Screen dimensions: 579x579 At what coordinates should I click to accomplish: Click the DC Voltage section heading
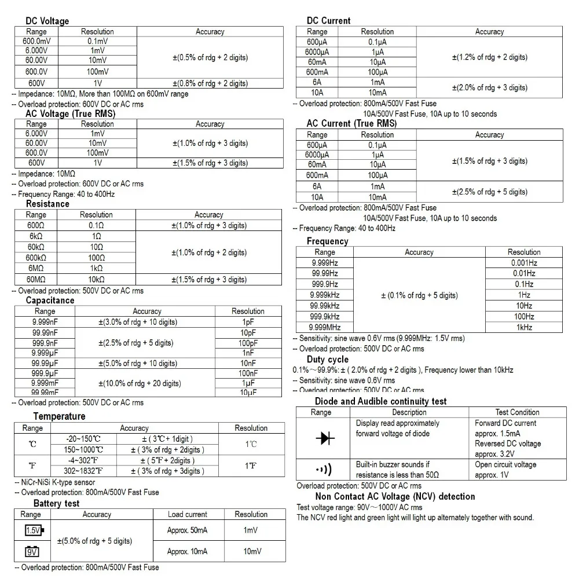(x=47, y=21)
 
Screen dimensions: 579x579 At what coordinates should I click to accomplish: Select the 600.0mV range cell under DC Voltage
(x=36, y=41)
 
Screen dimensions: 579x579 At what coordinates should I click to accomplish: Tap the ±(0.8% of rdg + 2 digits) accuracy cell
(x=210, y=83)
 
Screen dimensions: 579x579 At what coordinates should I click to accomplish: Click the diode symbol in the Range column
(x=325, y=438)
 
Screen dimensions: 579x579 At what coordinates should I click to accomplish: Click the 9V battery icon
(x=32, y=552)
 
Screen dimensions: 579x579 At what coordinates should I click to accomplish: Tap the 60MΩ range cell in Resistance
(x=36, y=279)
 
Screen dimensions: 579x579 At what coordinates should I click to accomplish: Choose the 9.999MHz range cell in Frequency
(x=324, y=327)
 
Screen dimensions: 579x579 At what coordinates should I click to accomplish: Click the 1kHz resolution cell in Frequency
(x=523, y=327)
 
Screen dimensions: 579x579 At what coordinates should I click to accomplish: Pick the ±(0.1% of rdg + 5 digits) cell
(x=419, y=295)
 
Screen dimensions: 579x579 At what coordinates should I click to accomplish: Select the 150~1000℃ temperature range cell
(x=85, y=449)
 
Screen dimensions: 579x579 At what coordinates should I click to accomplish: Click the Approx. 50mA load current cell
(x=187, y=530)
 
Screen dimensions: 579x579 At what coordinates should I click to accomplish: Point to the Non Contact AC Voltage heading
(x=395, y=496)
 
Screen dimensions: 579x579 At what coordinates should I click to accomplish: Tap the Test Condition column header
(x=517, y=412)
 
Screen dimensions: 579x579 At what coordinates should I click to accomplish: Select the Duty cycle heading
(x=327, y=360)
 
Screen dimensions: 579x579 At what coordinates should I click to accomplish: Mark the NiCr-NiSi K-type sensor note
(x=54, y=482)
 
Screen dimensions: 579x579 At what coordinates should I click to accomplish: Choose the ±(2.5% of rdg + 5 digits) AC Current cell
(x=489, y=192)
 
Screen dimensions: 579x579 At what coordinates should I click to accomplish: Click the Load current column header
(x=187, y=514)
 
